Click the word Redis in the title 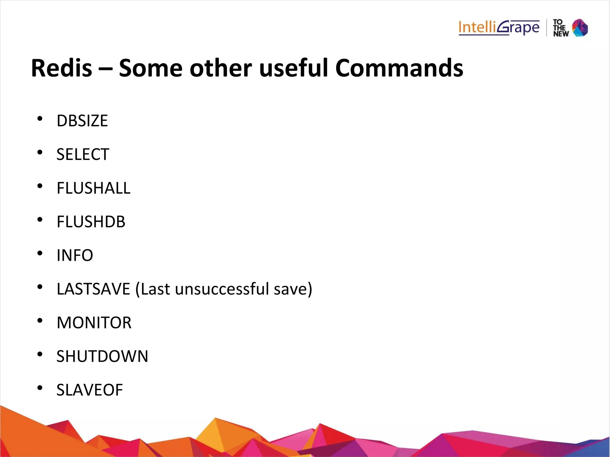[x=61, y=68]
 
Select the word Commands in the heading [x=399, y=68]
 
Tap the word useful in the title [x=293, y=68]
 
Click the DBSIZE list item [x=82, y=121]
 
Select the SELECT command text [x=83, y=155]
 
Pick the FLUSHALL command [x=94, y=188]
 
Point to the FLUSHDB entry [x=91, y=222]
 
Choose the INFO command [x=75, y=255]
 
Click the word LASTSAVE [x=94, y=289]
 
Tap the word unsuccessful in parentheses [x=222, y=289]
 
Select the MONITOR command [x=94, y=323]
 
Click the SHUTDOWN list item [x=102, y=356]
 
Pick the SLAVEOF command [x=90, y=390]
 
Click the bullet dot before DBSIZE [x=40, y=119]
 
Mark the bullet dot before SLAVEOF [x=40, y=388]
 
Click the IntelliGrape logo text [x=499, y=28]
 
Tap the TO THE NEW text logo [x=560, y=28]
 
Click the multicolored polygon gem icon [x=580, y=28]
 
